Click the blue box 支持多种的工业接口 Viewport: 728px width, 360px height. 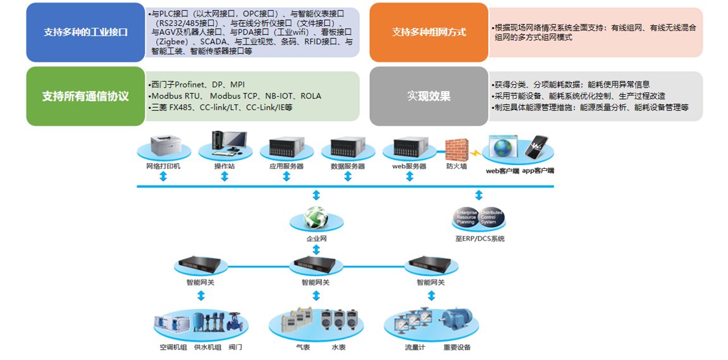[85, 32]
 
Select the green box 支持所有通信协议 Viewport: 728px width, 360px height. [85, 96]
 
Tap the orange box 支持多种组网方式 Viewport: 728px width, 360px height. [428, 32]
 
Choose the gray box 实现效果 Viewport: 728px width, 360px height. [428, 96]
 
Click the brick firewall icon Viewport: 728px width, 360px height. [455, 149]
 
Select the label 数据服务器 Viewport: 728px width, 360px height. [348, 166]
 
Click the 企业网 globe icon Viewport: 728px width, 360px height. [316, 218]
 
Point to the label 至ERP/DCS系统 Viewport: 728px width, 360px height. [480, 239]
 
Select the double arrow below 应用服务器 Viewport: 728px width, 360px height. [287, 177]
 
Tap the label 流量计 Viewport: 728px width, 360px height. [415, 347]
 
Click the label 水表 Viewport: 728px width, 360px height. [338, 347]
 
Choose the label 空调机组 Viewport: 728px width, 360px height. [173, 347]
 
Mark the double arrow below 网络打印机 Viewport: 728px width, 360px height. [163, 177]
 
